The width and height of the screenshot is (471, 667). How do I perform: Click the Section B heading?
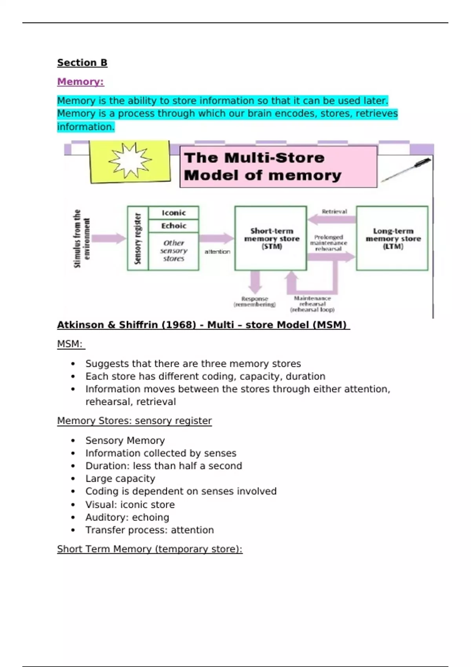click(x=82, y=63)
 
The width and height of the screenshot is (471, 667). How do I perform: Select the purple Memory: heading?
click(x=80, y=82)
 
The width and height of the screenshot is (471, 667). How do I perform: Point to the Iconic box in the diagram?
click(x=173, y=213)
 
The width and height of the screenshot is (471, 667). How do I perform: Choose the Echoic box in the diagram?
click(x=173, y=226)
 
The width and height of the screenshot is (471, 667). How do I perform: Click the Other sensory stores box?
click(x=173, y=251)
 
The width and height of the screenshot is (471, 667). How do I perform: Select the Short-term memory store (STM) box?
click(x=271, y=238)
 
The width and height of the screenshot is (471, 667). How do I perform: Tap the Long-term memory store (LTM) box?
click(x=392, y=238)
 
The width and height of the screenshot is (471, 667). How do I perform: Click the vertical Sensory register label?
click(x=138, y=238)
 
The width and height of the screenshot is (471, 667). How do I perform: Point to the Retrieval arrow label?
click(x=334, y=211)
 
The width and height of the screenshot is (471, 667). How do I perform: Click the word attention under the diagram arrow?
click(x=217, y=251)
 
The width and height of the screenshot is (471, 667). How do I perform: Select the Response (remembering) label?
click(x=255, y=301)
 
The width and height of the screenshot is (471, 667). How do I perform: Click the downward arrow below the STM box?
click(x=255, y=282)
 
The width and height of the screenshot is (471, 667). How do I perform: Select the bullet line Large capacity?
click(x=120, y=479)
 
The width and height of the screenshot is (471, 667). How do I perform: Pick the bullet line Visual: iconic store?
click(x=130, y=505)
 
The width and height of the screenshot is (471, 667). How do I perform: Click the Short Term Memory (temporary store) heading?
click(x=150, y=549)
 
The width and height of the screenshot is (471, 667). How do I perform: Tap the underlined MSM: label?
click(x=70, y=344)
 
